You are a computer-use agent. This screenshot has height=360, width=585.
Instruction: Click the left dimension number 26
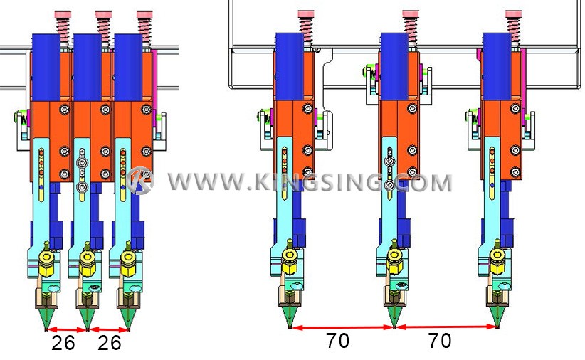pyautogui.click(x=63, y=343)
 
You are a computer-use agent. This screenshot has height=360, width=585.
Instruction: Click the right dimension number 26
pyautogui.click(x=110, y=343)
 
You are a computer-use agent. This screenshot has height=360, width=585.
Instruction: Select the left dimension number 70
pyautogui.click(x=337, y=340)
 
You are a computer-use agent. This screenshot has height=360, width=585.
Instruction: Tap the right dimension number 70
pyautogui.click(x=440, y=340)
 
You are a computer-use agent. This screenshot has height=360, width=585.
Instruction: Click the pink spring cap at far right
pyautogui.click(x=514, y=14)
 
